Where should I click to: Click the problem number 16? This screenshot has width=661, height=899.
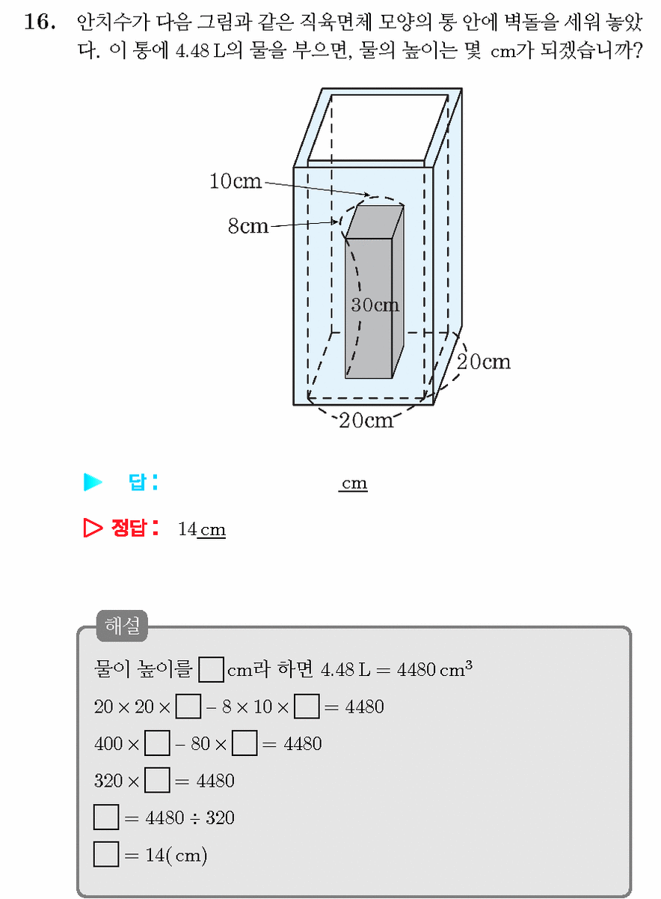click(40, 22)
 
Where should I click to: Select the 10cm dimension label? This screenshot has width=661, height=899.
click(236, 181)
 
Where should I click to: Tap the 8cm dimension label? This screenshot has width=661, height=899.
click(248, 225)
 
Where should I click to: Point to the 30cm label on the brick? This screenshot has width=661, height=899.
click(375, 305)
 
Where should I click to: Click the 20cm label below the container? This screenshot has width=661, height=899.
click(366, 420)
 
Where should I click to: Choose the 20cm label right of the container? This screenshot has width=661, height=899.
click(484, 362)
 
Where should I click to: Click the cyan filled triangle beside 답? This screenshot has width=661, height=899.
click(93, 482)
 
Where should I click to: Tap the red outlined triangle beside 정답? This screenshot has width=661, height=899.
click(93, 528)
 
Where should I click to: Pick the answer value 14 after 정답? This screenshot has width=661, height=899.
click(187, 529)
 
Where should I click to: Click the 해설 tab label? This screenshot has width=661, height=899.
click(123, 626)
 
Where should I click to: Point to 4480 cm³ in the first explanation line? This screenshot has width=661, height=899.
click(434, 669)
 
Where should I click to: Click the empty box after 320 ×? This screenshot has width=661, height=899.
click(157, 780)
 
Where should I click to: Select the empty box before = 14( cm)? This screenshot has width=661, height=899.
click(106, 855)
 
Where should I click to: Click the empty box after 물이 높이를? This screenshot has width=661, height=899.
click(212, 669)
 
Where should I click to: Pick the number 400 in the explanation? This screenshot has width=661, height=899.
click(108, 744)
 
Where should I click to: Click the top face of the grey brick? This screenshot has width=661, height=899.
click(375, 222)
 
